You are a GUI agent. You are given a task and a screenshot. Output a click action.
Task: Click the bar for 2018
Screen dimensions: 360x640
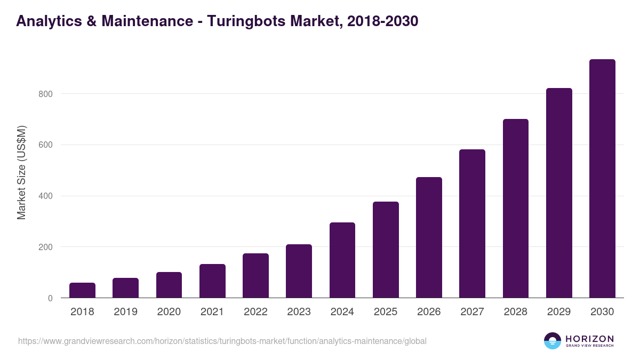click(x=82, y=290)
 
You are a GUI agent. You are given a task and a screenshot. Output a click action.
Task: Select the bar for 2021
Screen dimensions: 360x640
click(x=212, y=281)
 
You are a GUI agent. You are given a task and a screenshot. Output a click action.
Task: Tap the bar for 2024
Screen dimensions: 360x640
click(x=342, y=260)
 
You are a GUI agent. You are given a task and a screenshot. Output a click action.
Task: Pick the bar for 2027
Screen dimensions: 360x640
click(x=472, y=224)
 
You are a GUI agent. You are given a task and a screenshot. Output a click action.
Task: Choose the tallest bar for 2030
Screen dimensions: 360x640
click(x=602, y=179)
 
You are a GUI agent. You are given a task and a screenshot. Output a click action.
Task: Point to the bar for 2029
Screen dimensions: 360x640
click(x=559, y=193)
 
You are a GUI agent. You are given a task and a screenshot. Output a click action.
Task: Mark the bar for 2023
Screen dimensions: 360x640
click(x=299, y=271)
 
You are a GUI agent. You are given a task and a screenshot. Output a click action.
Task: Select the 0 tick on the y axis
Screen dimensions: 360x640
click(x=50, y=298)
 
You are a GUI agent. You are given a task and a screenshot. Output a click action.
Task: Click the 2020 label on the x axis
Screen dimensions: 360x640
click(x=169, y=312)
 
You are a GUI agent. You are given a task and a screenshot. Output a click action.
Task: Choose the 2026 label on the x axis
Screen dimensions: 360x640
click(x=429, y=312)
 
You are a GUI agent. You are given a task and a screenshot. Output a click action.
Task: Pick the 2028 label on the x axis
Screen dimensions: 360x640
click(x=515, y=312)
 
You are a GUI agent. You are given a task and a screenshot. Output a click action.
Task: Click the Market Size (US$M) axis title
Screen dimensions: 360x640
click(x=21, y=172)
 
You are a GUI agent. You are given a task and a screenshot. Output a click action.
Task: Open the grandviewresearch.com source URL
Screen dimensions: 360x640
click(x=222, y=341)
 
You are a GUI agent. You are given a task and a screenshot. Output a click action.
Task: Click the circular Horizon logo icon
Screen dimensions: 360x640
click(x=553, y=341)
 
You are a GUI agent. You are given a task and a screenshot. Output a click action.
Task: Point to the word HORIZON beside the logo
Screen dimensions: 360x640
click(x=589, y=338)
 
